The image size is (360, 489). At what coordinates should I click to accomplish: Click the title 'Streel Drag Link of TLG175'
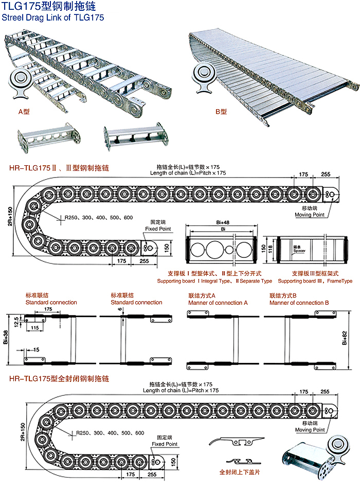click(x=53, y=17)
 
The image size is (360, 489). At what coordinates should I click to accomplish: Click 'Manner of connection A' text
click(x=218, y=303)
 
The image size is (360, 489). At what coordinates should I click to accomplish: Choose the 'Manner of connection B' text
click(x=299, y=303)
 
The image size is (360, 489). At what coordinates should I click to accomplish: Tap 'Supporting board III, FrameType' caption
click(x=315, y=281)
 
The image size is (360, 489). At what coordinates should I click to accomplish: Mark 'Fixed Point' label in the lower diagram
click(x=165, y=444)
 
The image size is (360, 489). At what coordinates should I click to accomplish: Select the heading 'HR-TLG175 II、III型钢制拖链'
click(x=59, y=168)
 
